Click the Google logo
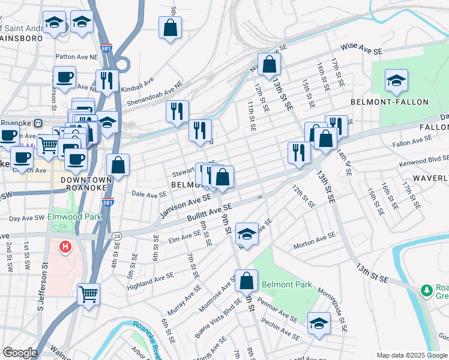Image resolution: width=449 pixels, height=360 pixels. coord(20,353)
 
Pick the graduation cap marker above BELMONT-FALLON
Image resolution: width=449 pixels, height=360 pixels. coord(397,81)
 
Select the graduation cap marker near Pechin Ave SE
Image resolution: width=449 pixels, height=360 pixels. coord(319,323)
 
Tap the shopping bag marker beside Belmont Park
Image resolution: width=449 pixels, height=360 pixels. coord(246,280)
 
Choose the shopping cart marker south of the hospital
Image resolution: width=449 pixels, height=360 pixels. coord(88,294)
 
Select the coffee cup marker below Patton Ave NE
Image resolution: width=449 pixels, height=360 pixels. coord(64,77)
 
